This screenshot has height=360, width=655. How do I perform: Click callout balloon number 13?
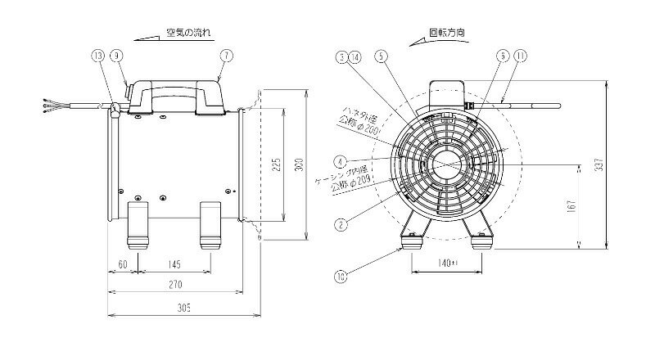pyautogui.click(x=97, y=56)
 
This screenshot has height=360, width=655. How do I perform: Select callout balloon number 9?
pyautogui.click(x=117, y=56)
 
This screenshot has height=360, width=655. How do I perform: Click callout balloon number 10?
pyautogui.click(x=340, y=277)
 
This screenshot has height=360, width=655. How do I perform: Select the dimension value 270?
pyautogui.click(x=175, y=285)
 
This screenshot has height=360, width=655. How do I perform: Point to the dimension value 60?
pyautogui.click(x=122, y=263)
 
